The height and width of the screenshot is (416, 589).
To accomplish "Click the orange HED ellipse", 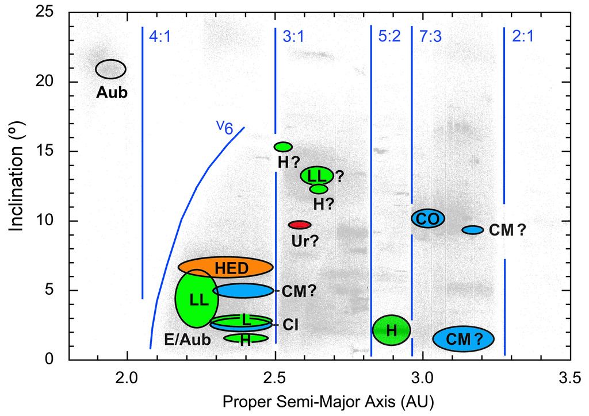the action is point(225,267).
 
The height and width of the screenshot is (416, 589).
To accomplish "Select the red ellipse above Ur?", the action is point(299,225).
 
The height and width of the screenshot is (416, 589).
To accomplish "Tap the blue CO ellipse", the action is point(428,218).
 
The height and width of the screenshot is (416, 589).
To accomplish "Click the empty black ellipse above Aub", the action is point(110,69).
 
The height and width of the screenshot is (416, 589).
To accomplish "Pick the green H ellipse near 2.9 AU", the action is point(391,330).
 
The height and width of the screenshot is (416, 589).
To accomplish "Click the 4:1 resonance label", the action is point(160,37).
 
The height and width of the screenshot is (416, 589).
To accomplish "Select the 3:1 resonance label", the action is point(293,37).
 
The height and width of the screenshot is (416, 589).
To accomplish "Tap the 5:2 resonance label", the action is point(389,36).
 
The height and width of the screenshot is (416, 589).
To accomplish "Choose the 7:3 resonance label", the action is point(430,37).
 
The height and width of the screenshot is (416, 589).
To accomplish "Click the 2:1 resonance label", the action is point(522,37).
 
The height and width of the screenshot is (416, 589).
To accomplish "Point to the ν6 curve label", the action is point(225,127).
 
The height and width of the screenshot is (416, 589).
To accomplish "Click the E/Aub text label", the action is point(188,340).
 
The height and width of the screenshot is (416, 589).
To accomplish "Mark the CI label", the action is point(290,325).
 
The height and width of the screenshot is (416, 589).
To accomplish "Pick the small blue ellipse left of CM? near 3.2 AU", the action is point(473,230).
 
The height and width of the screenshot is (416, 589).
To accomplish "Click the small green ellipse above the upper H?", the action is point(283,147).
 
